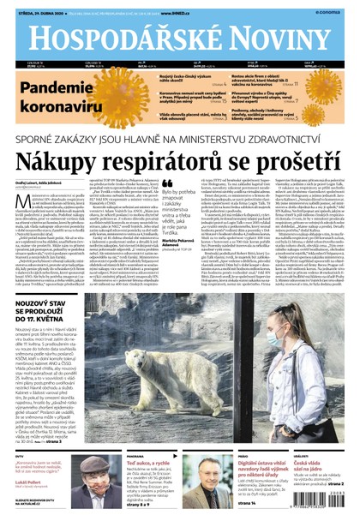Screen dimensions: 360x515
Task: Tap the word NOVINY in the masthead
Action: coord(272,38)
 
